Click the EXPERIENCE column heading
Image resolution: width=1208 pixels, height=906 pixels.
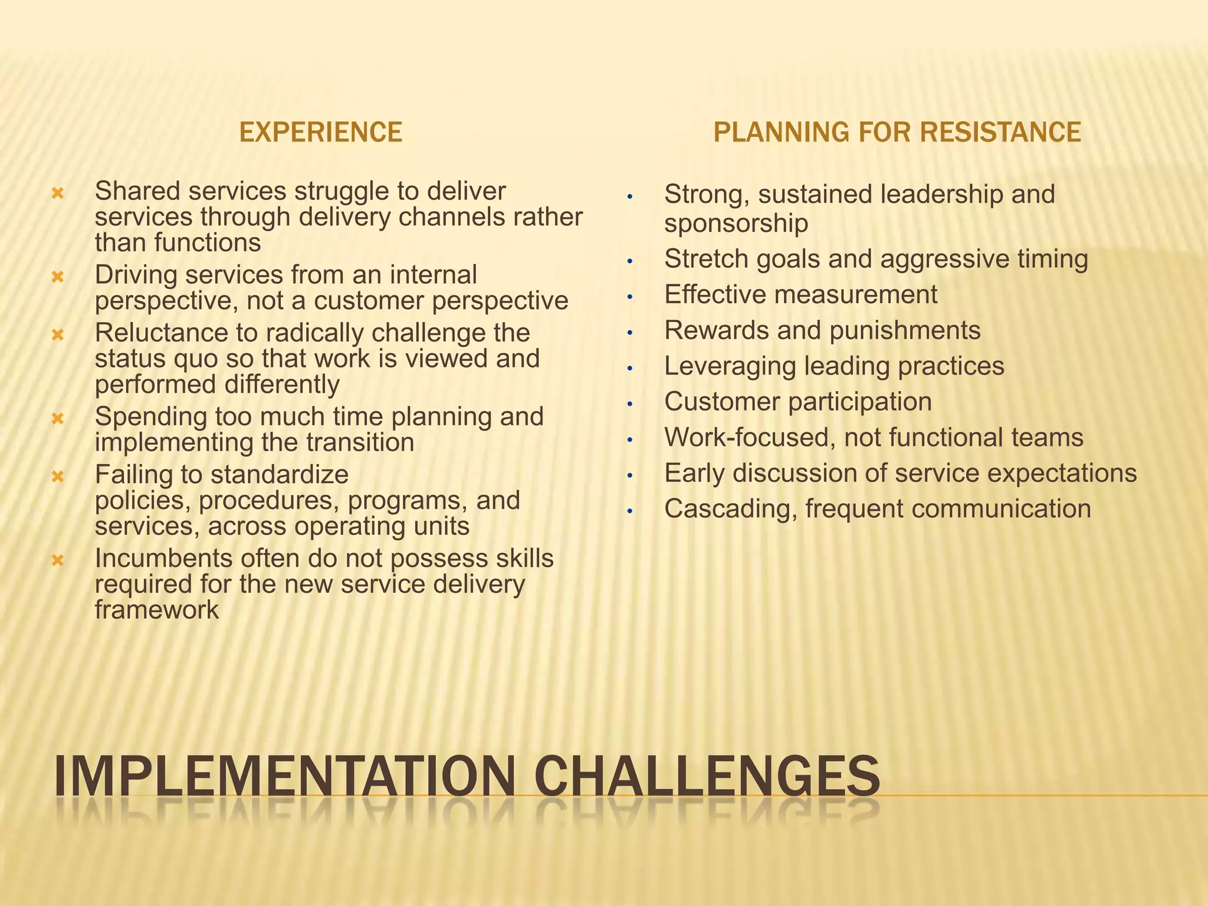[320, 132]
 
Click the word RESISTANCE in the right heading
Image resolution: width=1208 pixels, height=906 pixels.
[1000, 132]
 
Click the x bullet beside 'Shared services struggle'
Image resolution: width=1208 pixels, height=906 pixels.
[58, 193]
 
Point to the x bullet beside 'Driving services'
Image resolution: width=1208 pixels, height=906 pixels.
[58, 276]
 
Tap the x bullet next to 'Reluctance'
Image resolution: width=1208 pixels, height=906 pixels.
[58, 334]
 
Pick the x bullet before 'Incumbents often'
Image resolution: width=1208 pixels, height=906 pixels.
[58, 560]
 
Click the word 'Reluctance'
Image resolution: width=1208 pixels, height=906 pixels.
[161, 333]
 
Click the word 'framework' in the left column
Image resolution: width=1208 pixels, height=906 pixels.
[156, 610]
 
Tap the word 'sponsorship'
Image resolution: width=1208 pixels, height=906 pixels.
[736, 224]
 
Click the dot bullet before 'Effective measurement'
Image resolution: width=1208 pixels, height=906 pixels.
[630, 297]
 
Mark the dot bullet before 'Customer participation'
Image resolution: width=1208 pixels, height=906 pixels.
[630, 404]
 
